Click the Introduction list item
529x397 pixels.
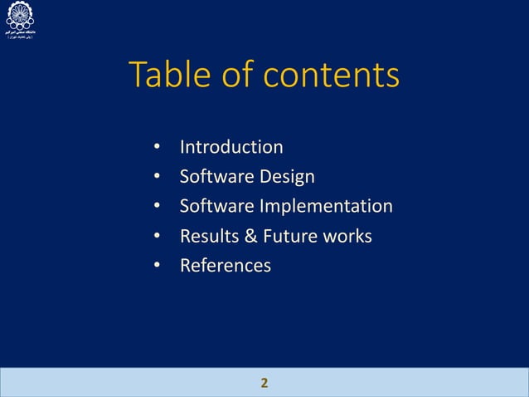point(231,148)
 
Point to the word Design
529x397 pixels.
point(287,177)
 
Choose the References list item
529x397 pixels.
point(225,266)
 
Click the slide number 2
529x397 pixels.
point(264,383)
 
